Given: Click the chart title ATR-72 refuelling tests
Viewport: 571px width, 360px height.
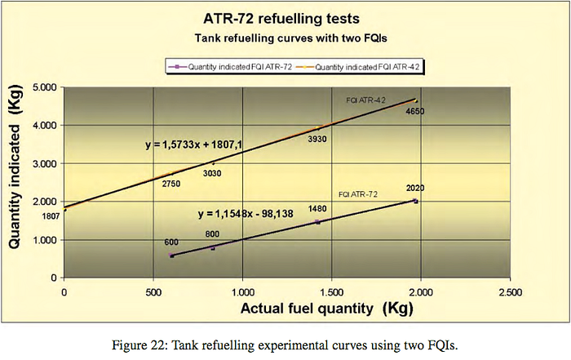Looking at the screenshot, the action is (281, 19).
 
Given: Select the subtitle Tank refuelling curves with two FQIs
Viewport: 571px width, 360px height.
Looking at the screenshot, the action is (290, 38).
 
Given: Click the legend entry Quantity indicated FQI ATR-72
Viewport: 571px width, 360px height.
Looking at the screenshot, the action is (230, 67).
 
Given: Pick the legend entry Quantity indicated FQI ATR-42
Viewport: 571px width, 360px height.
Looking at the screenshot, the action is (357, 67).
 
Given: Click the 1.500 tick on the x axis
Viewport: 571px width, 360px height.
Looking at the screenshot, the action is (331, 292).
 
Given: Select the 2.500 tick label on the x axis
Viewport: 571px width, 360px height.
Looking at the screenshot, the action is (510, 292).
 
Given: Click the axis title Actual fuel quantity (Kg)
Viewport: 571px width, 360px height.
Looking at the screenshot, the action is (326, 309).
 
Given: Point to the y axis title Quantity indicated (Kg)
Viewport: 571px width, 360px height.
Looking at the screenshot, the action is (15, 167).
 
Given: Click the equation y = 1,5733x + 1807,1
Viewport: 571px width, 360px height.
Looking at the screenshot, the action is (194, 145).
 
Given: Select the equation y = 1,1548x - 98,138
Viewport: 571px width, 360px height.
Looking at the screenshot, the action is (246, 214).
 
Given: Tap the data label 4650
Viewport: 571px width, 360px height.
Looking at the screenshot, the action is (415, 111).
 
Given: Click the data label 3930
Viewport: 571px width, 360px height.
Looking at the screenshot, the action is (317, 140).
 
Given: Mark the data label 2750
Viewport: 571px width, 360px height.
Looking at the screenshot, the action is (171, 184).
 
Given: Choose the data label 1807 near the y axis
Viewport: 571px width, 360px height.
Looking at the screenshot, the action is (51, 216).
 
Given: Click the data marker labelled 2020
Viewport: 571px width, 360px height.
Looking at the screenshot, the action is (415, 201).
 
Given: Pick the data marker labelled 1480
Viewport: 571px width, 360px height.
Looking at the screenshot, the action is (317, 222).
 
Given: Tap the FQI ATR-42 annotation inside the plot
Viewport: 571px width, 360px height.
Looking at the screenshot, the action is (365, 100).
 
